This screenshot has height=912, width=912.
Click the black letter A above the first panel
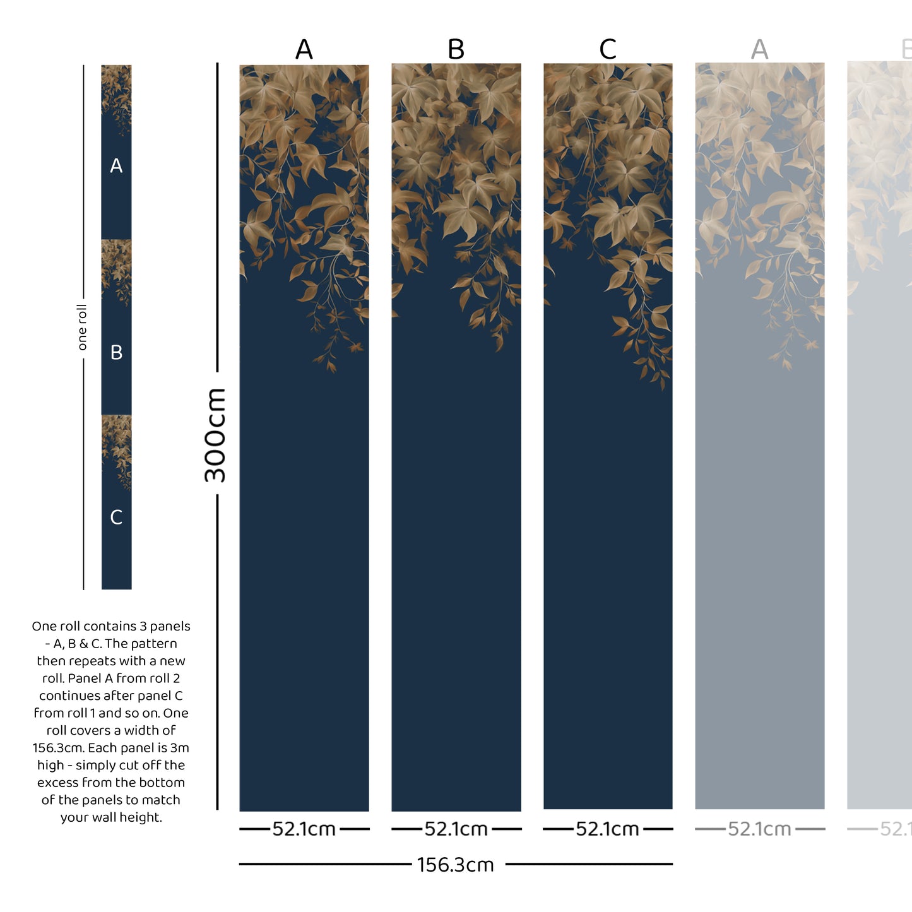click(x=304, y=49)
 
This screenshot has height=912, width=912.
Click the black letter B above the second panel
click(x=456, y=49)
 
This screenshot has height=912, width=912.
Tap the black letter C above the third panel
click(x=608, y=49)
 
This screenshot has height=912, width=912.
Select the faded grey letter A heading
click(x=760, y=49)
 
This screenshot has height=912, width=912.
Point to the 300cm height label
click(x=215, y=435)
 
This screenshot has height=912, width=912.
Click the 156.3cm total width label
click(x=455, y=865)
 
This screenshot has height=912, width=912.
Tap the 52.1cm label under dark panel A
click(x=304, y=829)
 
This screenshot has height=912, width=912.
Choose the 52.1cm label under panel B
click(x=456, y=829)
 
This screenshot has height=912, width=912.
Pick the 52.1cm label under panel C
click(x=607, y=829)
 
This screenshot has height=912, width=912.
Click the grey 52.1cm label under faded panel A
click(x=759, y=829)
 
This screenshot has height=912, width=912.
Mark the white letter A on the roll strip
click(x=116, y=166)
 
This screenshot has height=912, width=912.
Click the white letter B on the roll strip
click(x=116, y=352)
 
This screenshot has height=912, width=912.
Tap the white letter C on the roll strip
click(x=116, y=518)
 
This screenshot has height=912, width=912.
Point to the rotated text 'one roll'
click(x=82, y=327)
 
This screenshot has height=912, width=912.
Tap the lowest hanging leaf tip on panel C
click(x=663, y=384)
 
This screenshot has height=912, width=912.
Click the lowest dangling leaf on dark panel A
click(x=331, y=366)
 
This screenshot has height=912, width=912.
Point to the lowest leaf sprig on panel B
click(x=499, y=344)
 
